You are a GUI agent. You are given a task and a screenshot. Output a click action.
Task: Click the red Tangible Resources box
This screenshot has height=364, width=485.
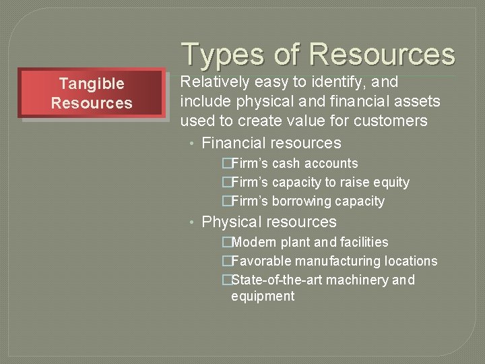pyautogui.click(x=92, y=93)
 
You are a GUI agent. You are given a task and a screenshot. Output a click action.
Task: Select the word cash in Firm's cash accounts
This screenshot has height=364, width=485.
pyautogui.click(x=286, y=163)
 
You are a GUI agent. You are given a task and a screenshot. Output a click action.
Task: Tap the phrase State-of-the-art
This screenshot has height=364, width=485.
pyautogui.click(x=274, y=280)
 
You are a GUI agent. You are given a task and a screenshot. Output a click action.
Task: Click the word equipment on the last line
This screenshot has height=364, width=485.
pyautogui.click(x=263, y=297)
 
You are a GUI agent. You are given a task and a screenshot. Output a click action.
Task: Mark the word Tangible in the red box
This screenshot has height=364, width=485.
pyautogui.click(x=92, y=84)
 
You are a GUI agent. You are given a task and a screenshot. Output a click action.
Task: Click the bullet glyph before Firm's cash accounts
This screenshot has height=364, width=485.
pyautogui.click(x=227, y=163)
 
